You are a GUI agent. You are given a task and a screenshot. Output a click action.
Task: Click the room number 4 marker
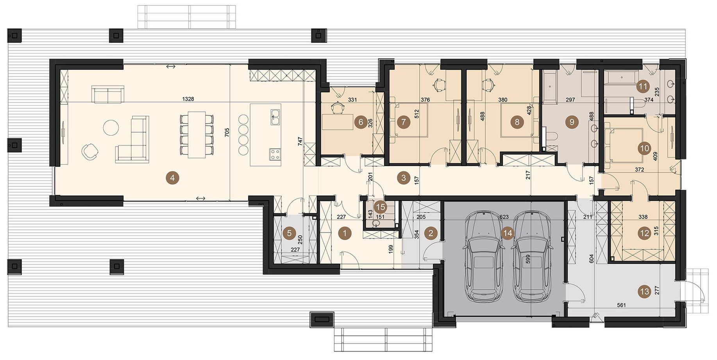pos(172,178)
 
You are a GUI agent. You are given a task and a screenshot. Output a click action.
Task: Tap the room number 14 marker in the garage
pos(507,233)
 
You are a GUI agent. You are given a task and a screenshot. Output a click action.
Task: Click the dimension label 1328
pos(188,99)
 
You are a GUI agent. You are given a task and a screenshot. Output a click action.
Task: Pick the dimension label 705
pos(227,132)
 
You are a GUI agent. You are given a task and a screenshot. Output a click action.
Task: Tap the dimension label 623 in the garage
pos(504,216)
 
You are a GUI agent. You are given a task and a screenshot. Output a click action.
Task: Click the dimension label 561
pos(621,305)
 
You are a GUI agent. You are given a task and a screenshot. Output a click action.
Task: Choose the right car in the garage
pos(531,256)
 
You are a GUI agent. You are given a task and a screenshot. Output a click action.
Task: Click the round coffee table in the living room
pos(111,127)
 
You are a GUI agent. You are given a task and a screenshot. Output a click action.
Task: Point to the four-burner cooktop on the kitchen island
pos(275,154)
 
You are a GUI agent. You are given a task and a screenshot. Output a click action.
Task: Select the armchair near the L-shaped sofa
pos(90,152)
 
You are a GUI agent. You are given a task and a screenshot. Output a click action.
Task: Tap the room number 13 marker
pos(644,291)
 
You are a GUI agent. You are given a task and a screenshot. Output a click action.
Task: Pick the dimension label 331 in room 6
pos(352,100)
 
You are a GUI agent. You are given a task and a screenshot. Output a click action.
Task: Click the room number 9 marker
pos(572,122)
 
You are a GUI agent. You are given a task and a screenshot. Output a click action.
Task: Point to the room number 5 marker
pos(289,233)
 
